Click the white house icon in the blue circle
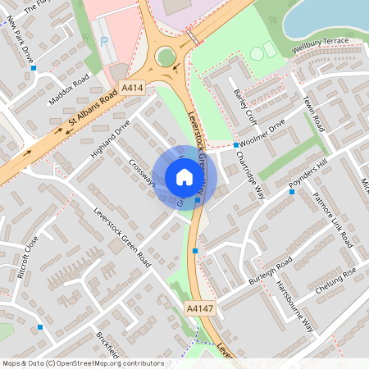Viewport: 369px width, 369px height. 184,177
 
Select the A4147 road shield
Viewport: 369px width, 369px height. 199,307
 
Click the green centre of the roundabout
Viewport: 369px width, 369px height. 166,57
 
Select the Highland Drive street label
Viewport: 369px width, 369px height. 111,139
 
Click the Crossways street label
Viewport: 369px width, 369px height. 142,172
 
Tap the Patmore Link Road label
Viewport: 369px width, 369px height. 333,221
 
